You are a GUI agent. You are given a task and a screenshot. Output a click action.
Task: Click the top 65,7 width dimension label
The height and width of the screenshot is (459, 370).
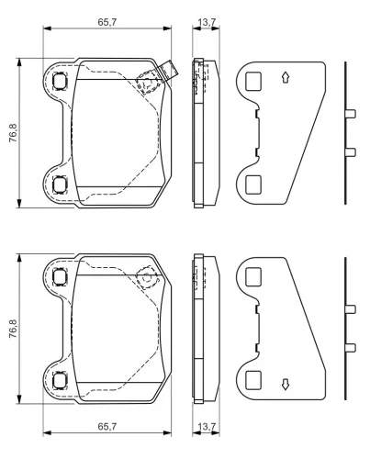(x=107, y=22)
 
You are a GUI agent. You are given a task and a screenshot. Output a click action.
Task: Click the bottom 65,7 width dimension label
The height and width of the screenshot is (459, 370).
(x=107, y=426)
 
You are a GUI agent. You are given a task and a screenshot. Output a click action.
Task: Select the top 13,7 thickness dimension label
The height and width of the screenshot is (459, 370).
(x=207, y=22)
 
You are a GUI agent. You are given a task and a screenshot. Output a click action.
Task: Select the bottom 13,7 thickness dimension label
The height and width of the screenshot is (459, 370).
(x=207, y=426)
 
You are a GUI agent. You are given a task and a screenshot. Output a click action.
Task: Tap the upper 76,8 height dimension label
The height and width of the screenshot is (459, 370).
(x=13, y=133)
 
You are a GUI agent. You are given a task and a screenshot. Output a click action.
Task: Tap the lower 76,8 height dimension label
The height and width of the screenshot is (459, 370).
(x=13, y=329)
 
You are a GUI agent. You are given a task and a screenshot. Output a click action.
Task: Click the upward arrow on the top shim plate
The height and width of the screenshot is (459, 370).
(x=286, y=78)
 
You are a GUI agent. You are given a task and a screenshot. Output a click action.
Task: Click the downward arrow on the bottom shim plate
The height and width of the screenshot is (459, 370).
(x=286, y=385)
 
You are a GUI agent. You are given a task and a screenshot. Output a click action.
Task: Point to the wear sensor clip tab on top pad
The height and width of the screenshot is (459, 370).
(x=169, y=71)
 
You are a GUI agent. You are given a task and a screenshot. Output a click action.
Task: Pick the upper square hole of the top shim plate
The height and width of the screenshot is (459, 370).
(x=253, y=81)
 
